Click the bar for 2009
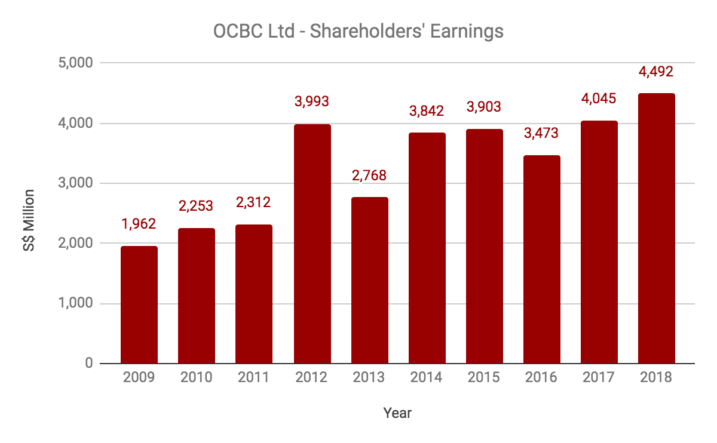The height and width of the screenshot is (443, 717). point(139,304)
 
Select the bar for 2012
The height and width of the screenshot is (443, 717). point(312,244)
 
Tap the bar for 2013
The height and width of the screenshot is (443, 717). point(369,280)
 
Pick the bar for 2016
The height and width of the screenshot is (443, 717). point(541,259)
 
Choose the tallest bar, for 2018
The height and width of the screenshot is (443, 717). point(656,228)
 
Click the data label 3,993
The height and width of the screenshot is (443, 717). point(312,101)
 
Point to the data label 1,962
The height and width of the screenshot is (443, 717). point(139,224)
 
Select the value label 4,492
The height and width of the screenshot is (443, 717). point(656,72)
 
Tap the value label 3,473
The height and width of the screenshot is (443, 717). point(541,133)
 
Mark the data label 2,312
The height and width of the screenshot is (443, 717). point(254,202)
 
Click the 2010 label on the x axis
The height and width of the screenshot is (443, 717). point(197,378)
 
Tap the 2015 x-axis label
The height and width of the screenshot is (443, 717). point(484,378)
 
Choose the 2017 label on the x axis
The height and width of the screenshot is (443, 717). point(599,378)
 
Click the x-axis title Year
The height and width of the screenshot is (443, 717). point(397,413)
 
